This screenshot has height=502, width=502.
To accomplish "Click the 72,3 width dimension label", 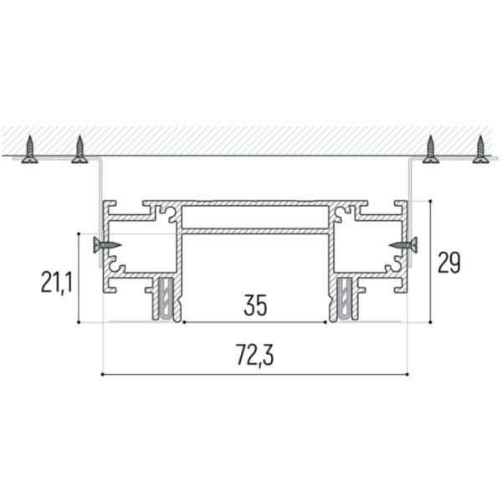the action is coord(255,355).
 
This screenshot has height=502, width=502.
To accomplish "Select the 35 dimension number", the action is coord(255,305).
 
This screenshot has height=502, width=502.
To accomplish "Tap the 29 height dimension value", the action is coord(448,263).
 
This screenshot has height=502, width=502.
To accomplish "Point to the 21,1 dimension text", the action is coord(57,283).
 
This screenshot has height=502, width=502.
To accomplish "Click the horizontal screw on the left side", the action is coord(107,245).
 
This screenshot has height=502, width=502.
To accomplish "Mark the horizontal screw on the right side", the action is coord(403,245).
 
